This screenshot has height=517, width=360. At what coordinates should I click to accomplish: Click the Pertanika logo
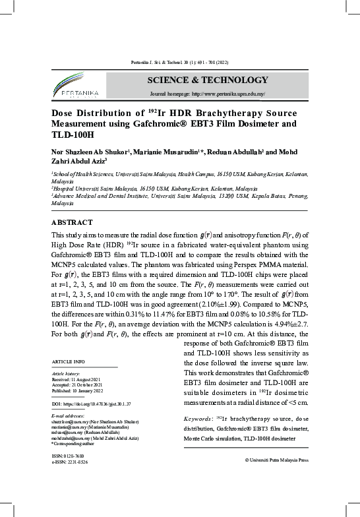pos(75,87)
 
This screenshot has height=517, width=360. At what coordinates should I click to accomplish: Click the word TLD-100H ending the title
pos(73,135)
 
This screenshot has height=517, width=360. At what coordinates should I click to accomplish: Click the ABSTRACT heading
pos(72,223)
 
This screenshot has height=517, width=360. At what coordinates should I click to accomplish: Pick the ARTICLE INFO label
pos(68,362)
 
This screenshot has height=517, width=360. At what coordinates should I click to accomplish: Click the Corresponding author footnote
pos(75,442)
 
